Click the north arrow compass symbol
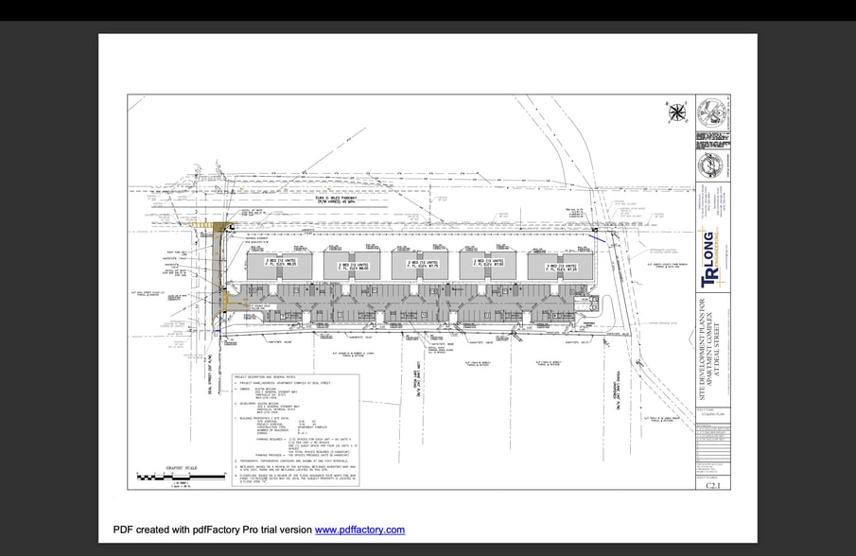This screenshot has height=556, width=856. pos(676,114)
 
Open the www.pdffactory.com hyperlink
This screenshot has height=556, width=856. pos(359,530)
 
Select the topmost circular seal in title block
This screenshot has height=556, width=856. pos(712,113)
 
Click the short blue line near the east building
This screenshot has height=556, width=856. pos(601,238)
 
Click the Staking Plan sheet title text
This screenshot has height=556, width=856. pos(711,413)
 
